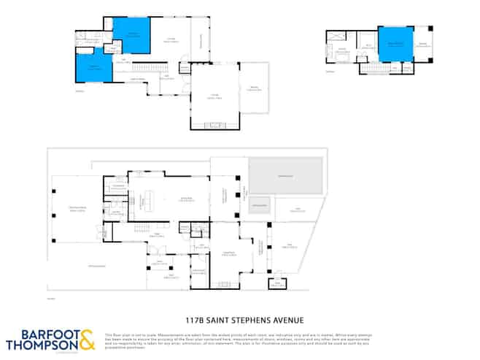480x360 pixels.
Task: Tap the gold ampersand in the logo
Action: click(86, 340)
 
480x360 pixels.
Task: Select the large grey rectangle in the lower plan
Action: click(285, 176)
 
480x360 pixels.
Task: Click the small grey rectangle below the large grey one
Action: click(260, 205)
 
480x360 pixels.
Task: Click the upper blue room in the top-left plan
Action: click(131, 34)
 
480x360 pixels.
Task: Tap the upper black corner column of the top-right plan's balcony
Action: click(430, 28)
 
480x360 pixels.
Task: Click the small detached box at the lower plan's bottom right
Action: click(277, 283)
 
